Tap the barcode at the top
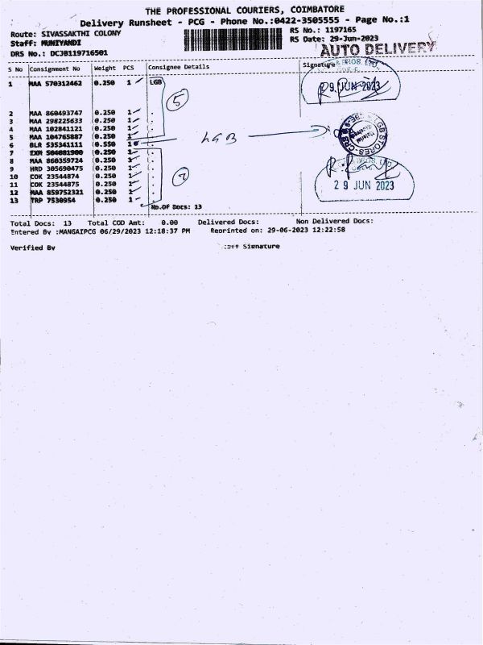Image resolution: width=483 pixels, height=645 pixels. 233,40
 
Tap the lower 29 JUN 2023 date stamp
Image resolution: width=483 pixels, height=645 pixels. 364,185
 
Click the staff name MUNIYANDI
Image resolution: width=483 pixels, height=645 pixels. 62,42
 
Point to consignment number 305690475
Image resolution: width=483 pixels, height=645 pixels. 64,168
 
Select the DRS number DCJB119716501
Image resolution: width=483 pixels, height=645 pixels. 78,52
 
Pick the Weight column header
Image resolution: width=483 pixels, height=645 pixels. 105,68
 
